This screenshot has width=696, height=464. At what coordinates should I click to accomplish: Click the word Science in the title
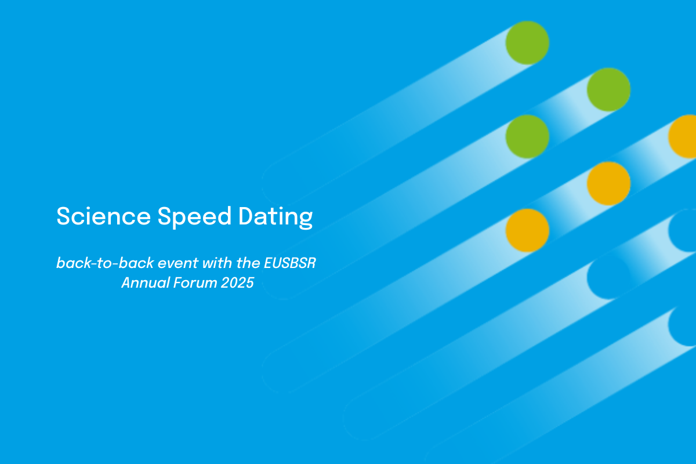pos(103,216)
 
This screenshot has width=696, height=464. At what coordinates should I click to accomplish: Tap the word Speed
pos(194,217)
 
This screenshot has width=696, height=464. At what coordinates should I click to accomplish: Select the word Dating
pos(275,217)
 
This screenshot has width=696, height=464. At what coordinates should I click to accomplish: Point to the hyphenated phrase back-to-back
pos(105,263)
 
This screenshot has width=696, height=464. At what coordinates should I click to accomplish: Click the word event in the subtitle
pos(178,263)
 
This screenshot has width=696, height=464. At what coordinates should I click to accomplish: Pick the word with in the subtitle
pos(217,263)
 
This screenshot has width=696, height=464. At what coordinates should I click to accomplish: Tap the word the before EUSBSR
pos(248,263)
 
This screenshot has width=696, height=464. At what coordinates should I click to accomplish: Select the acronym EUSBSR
pos(290,263)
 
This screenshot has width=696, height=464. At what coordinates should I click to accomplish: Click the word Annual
pos(146,283)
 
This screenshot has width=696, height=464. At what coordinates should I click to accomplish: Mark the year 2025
pos(237,283)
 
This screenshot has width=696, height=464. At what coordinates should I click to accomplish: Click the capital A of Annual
pos(126,283)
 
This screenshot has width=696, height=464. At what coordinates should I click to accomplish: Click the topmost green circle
pos(527,42)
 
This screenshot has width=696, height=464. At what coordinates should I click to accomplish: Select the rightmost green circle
pos(608,89)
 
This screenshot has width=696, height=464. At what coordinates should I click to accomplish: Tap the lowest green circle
pos(527,136)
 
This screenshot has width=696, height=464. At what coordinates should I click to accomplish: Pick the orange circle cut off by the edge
pos(682,136)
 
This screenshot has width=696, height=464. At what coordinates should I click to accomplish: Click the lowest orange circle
pos(527,230)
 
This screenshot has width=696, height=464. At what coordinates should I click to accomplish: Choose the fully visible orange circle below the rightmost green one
pos(608,183)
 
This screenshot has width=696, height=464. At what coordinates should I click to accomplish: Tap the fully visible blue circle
pos(608,277)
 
